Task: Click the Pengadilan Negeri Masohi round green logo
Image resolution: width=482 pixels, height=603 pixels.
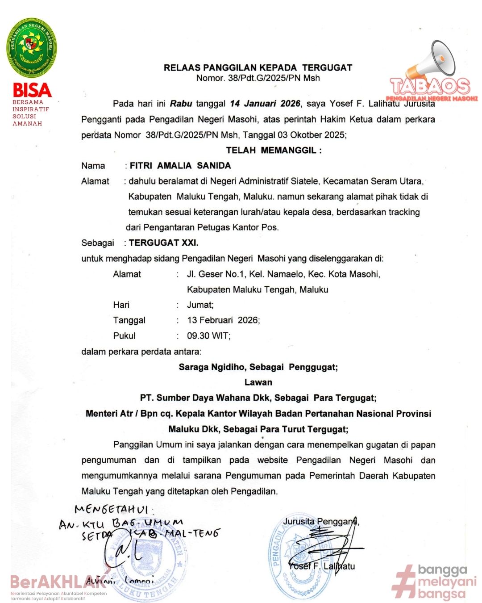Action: click(32, 48)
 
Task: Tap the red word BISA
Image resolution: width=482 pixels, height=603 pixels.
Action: click(32, 90)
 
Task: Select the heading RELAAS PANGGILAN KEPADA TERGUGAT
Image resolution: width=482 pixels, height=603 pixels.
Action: click(258, 68)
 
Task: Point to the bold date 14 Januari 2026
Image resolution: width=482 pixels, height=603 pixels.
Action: click(265, 104)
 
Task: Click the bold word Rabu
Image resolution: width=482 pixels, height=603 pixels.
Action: click(181, 104)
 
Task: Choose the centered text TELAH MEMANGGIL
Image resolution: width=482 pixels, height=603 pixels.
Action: click(274, 150)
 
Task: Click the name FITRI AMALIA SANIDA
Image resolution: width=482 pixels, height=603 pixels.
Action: click(180, 166)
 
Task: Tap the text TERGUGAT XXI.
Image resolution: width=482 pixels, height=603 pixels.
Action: click(163, 243)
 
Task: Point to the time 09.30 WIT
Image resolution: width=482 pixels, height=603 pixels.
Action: click(208, 336)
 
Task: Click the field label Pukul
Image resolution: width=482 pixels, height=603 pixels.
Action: click(124, 336)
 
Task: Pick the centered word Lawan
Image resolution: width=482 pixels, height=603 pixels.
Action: click(258, 382)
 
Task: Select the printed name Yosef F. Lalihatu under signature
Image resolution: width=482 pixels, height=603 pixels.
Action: click(321, 566)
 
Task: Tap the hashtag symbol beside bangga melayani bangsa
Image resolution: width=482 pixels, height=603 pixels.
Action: click(404, 582)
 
